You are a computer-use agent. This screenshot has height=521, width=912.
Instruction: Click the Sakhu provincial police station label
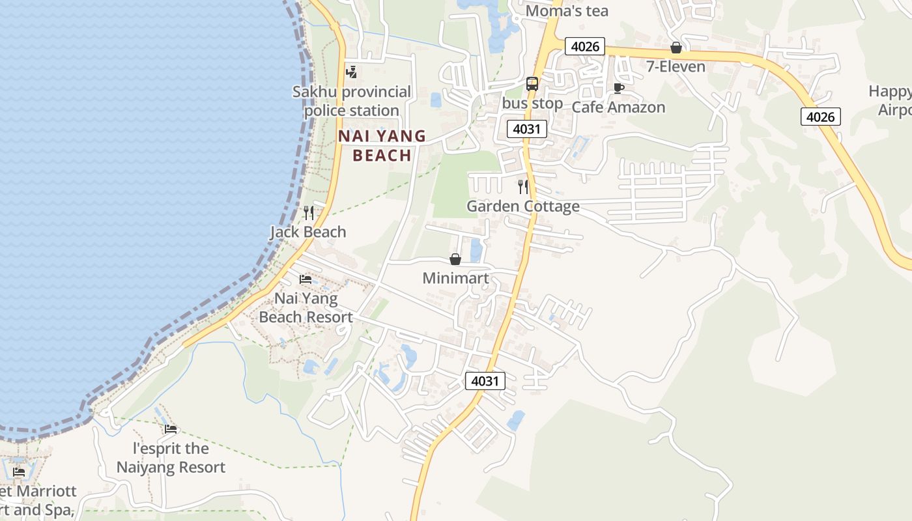[352, 101]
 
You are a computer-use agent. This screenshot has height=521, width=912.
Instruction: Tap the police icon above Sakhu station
[352, 72]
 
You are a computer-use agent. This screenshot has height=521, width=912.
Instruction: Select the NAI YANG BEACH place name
[382, 145]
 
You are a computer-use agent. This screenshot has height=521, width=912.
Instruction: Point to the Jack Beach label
[308, 232]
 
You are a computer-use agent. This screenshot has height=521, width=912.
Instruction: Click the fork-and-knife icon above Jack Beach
[309, 212]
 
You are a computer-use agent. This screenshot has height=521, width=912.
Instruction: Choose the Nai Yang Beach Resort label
[306, 307]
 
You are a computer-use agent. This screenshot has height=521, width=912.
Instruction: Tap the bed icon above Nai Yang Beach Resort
[305, 279]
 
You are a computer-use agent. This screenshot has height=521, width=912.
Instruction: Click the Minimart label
[455, 278]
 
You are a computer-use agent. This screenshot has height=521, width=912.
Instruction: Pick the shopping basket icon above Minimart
[455, 259]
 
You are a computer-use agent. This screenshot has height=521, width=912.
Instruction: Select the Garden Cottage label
[523, 206]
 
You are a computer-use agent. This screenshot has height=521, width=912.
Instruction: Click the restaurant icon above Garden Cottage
[523, 187]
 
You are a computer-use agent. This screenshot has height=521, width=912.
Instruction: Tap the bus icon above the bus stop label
[532, 84]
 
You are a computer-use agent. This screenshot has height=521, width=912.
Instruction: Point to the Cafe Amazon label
[618, 107]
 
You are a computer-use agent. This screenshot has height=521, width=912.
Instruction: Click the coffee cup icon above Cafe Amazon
[618, 88]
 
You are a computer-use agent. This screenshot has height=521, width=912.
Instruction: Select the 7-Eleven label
[676, 66]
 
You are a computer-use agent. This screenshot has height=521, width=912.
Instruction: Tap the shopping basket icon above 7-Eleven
[676, 48]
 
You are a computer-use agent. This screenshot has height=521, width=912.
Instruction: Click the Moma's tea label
[567, 11]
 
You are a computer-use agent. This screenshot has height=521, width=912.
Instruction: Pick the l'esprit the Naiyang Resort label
[171, 458]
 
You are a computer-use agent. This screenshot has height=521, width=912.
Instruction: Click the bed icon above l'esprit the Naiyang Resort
[171, 429]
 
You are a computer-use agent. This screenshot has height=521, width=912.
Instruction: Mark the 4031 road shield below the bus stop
[526, 128]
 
